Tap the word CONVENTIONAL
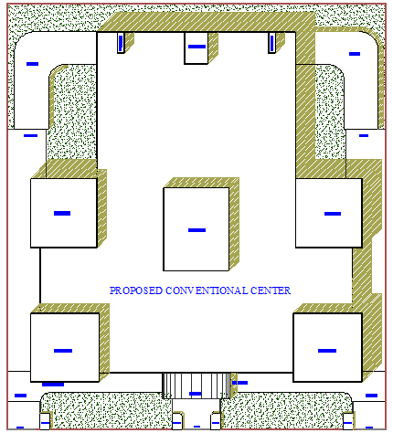click(207, 290)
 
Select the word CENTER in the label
click(271, 290)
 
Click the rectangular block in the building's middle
click(196, 229)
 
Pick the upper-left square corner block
click(64, 213)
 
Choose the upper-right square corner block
click(329, 213)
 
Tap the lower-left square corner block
click(65, 347)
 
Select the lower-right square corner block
click(327, 347)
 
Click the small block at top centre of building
click(196, 48)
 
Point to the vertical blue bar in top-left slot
click(121, 43)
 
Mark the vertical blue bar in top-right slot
click(271, 43)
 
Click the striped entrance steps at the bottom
click(196, 385)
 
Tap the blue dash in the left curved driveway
click(32, 64)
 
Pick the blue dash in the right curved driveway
click(355, 54)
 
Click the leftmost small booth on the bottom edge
click(45, 421)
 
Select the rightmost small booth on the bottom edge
click(348, 421)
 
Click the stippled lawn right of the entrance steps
click(286, 410)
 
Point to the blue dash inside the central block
click(196, 230)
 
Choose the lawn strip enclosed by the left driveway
click(72, 112)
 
